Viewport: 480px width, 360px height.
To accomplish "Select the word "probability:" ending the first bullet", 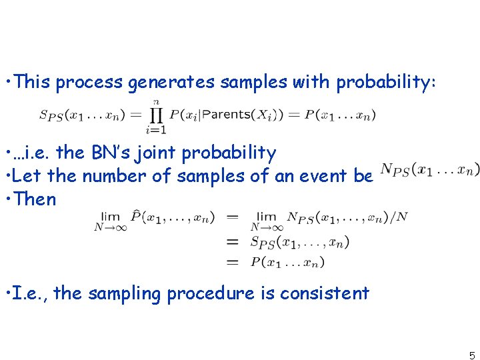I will tap(387, 82).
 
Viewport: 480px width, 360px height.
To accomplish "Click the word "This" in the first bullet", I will tap(31, 82).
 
